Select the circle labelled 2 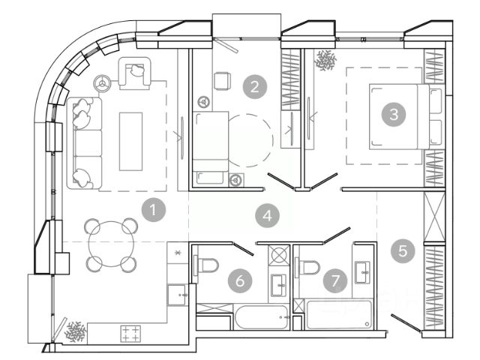[256, 86]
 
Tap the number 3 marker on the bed [392, 115]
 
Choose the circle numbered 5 [405, 250]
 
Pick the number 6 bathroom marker [240, 280]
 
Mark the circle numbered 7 [335, 280]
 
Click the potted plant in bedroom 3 [327, 60]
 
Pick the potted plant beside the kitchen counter [76, 330]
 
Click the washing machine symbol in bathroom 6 [279, 256]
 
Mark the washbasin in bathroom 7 [364, 271]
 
